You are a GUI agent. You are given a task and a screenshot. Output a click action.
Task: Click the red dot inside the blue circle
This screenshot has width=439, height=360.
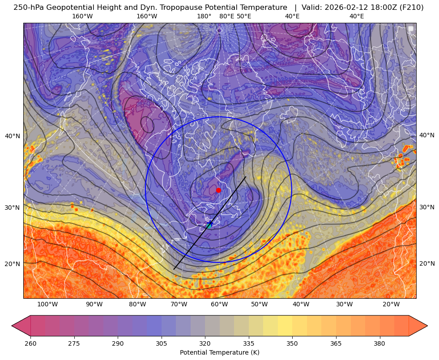[218, 190]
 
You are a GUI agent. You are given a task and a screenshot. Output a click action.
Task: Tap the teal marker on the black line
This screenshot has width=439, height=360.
[209, 226]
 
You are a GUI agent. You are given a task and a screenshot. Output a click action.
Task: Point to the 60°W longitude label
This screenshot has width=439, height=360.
[219, 305]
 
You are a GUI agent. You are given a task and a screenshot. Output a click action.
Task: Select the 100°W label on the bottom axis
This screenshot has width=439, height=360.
[47, 305]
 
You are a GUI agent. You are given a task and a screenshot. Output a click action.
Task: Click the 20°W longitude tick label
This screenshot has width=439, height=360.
[391, 305]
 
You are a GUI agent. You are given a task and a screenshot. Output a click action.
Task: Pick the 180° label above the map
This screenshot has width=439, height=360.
[204, 17]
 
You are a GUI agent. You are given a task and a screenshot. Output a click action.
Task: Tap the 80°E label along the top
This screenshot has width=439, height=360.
[226, 17]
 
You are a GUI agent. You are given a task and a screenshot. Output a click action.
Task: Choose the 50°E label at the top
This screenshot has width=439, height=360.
[244, 17]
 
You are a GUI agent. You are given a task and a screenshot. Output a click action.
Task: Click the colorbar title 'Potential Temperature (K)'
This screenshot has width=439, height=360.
[219, 352]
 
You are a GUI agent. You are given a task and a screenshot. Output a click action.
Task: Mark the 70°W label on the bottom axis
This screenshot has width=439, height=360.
[179, 305]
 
